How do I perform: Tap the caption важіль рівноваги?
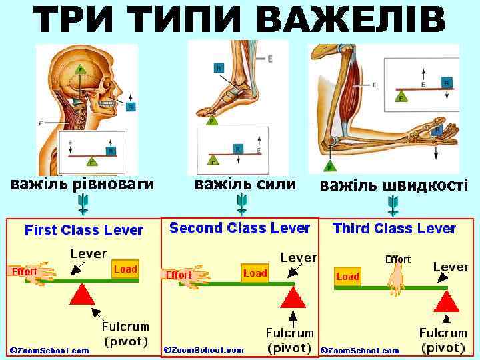coord(81,183)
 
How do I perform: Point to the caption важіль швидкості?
coord(394,185)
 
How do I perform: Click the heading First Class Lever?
coord(84,231)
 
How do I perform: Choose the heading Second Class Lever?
coord(239,228)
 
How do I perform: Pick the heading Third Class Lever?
coord(394,229)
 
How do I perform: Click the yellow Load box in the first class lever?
coord(125,269)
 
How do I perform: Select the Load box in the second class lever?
coord(255,273)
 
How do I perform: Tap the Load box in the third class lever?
coord(347,276)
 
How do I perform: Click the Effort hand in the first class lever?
coord(30,273)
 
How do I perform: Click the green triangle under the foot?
coord(211,121)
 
